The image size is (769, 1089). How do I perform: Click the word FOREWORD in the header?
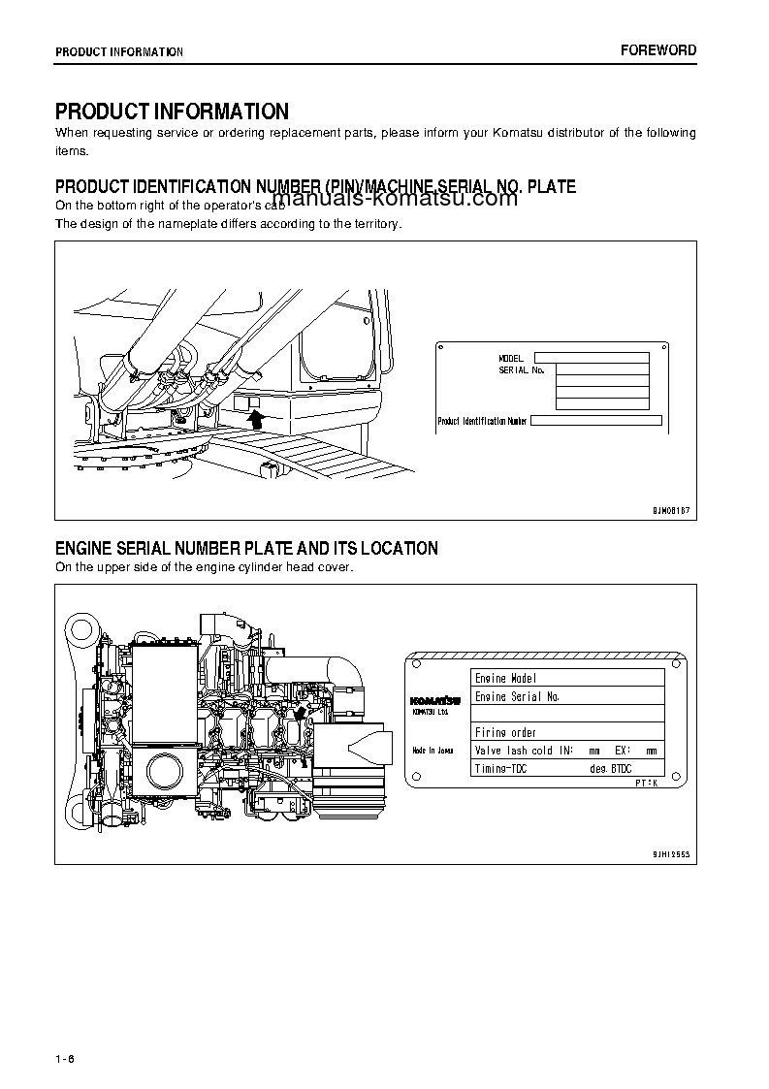click(x=658, y=50)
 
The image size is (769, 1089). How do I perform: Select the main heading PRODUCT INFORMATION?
click(x=172, y=112)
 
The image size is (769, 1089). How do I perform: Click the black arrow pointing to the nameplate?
click(x=256, y=418)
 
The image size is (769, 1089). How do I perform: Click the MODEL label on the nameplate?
click(x=511, y=359)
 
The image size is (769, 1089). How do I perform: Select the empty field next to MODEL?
click(x=592, y=358)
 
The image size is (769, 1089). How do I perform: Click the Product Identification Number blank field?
click(x=596, y=421)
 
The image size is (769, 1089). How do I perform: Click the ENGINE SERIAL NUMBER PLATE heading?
click(x=246, y=549)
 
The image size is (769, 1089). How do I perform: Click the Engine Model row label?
click(x=505, y=678)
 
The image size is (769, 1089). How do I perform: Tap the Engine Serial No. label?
click(x=517, y=696)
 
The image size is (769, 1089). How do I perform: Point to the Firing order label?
click(x=505, y=732)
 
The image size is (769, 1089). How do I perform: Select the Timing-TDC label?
click(x=501, y=768)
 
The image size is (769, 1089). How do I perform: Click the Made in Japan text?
click(x=433, y=750)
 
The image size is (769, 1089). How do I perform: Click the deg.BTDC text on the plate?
click(x=610, y=768)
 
